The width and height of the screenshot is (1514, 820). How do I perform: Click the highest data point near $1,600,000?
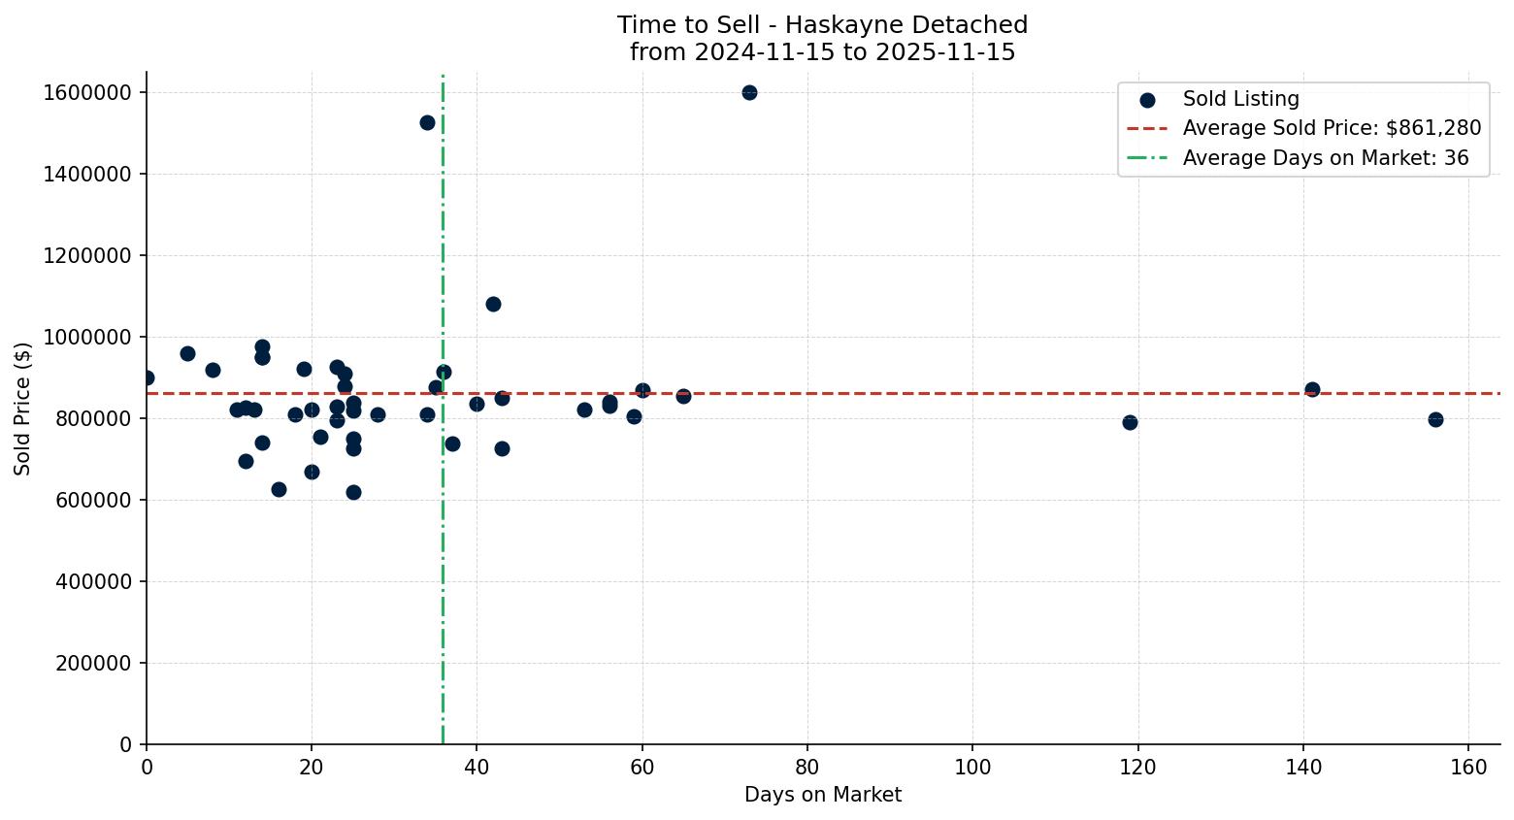coord(749,93)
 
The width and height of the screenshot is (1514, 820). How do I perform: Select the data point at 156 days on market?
coord(1435,419)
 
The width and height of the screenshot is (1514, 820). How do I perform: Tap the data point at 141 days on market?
coord(1312,389)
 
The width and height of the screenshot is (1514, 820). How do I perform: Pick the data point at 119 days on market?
coord(1130,422)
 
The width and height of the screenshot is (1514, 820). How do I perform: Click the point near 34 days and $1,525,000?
coord(427,122)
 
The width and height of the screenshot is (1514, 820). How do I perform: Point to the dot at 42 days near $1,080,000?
coord(493,304)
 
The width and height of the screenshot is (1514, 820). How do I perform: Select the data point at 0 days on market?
coord(147,377)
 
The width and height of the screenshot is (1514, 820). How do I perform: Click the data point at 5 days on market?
coord(187,353)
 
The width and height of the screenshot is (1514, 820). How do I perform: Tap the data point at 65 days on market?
coord(683,396)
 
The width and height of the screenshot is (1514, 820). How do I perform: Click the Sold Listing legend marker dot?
coord(1147,99)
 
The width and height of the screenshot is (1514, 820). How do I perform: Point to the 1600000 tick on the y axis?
coord(87,93)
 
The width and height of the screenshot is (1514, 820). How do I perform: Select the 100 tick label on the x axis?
coord(972,768)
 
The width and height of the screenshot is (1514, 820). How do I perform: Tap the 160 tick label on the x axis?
coord(1468,768)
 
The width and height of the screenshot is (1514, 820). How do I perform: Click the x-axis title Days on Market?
coord(822,795)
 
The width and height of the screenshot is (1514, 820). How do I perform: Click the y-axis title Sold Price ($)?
coord(23,409)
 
